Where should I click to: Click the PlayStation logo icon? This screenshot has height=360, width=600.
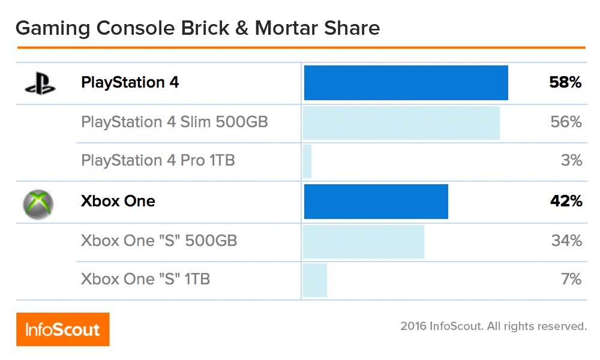[x=40, y=83]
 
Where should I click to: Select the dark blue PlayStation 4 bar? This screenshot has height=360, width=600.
[x=406, y=83]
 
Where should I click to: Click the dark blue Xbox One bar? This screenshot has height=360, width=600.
[x=376, y=202]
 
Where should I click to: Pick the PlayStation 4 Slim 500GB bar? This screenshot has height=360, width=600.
[x=401, y=123]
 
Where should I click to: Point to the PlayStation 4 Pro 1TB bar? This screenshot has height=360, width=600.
[x=307, y=161]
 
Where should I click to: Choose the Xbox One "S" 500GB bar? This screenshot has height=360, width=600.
[x=364, y=242]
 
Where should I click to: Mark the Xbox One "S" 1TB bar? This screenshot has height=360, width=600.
[x=315, y=280]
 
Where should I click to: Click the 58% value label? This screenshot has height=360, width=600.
[x=565, y=83]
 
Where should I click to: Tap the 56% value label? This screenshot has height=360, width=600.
[x=566, y=122]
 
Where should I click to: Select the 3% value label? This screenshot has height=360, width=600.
[x=572, y=161]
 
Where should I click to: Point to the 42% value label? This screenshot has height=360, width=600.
[x=566, y=202]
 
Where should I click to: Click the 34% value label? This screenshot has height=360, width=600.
[x=566, y=241]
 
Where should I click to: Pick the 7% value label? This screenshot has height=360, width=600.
[x=572, y=280]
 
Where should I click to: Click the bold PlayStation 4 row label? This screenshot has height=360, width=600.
[x=130, y=83]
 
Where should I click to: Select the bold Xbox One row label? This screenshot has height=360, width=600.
[x=118, y=202]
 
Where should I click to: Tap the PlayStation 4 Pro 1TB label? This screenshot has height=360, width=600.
[x=158, y=161]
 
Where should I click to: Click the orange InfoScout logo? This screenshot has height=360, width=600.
[x=62, y=329]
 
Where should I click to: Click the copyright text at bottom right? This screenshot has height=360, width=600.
[x=493, y=327]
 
